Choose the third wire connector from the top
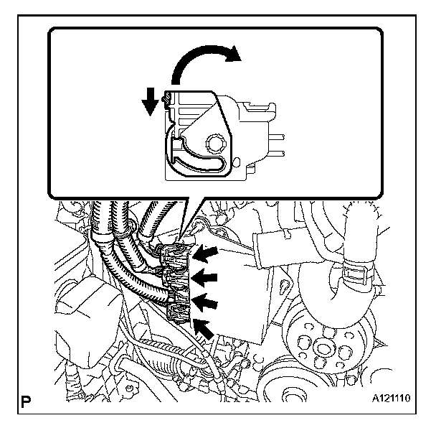(x=176, y=294)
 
